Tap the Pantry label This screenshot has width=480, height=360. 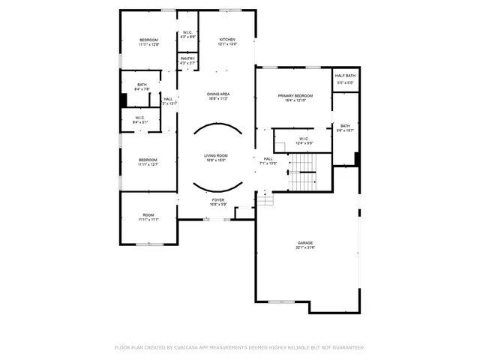pyautogui.click(x=187, y=60)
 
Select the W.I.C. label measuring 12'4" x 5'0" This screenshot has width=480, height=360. pyautogui.click(x=304, y=140)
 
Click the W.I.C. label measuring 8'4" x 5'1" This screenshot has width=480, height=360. pyautogui.click(x=140, y=119)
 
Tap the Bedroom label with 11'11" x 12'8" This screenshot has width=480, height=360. pyautogui.click(x=148, y=42)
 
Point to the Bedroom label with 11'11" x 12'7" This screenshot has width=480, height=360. pyautogui.click(x=148, y=162)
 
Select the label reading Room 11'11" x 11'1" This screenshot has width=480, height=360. pyautogui.click(x=148, y=217)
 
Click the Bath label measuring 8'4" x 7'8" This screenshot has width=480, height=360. pyautogui.click(x=142, y=87)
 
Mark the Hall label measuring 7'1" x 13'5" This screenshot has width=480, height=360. pyautogui.click(x=268, y=160)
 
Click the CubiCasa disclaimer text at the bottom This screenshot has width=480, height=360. pyautogui.click(x=239, y=347)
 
